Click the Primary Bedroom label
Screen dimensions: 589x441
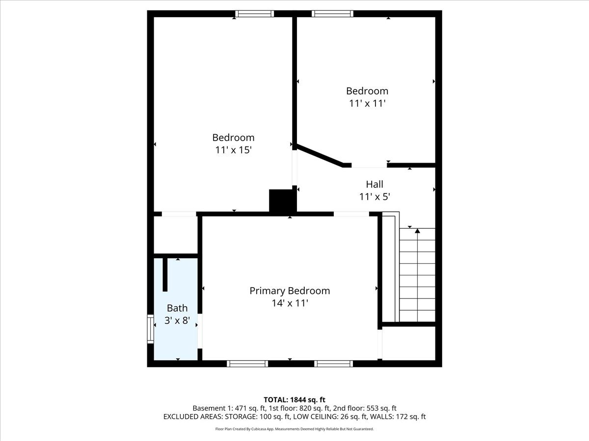[290, 291]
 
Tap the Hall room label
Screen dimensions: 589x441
[375, 184]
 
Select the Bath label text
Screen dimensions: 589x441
[177, 308]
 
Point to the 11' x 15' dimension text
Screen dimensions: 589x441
[233, 150]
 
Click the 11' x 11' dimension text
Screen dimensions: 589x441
[367, 103]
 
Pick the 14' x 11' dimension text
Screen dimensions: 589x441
[290, 303]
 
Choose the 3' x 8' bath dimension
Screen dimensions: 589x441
[177, 320]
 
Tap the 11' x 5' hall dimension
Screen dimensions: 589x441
[375, 197]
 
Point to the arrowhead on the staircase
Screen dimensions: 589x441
[417, 231]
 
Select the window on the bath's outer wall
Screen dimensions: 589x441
[151, 329]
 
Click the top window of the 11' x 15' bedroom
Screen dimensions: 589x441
[255, 14]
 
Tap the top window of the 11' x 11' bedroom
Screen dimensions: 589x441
[332, 14]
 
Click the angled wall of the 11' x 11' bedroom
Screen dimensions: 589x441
[320, 155]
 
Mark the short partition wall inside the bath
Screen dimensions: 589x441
[165, 274]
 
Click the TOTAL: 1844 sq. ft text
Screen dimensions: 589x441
[294, 400]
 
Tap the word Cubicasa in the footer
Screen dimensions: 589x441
[256, 429]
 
